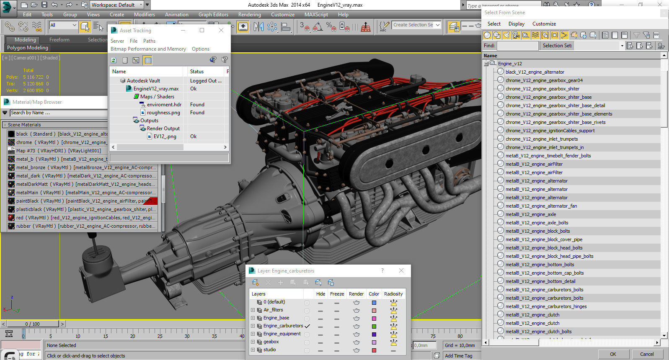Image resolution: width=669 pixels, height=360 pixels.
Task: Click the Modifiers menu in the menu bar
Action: tap(144, 14)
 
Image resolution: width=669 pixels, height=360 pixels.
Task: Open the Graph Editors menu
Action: tap(213, 14)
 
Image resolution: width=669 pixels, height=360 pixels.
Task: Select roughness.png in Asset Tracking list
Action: tap(163, 113)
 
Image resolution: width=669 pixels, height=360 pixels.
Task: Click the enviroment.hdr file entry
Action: tap(164, 105)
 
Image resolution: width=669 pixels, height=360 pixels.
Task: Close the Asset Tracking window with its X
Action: tap(221, 30)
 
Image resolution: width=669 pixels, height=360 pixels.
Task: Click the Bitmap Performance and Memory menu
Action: tap(148, 49)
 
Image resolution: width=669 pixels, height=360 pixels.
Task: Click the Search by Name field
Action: tap(58, 113)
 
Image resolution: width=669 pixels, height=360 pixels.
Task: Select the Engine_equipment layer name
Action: tap(282, 334)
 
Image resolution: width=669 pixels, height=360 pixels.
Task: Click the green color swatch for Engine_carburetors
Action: tap(374, 327)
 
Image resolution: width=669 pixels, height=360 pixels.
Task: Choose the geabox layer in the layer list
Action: tap(271, 342)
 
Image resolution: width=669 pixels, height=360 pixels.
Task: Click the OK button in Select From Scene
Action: tap(613, 354)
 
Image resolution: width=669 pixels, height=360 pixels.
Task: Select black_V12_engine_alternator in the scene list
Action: tap(535, 72)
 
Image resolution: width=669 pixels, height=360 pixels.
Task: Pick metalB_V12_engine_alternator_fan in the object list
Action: tap(541, 206)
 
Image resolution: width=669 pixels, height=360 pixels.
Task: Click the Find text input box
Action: tap(517, 46)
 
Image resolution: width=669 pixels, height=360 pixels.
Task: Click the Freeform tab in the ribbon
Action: tap(59, 40)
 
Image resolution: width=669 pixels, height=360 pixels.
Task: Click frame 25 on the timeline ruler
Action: tap(160, 334)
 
